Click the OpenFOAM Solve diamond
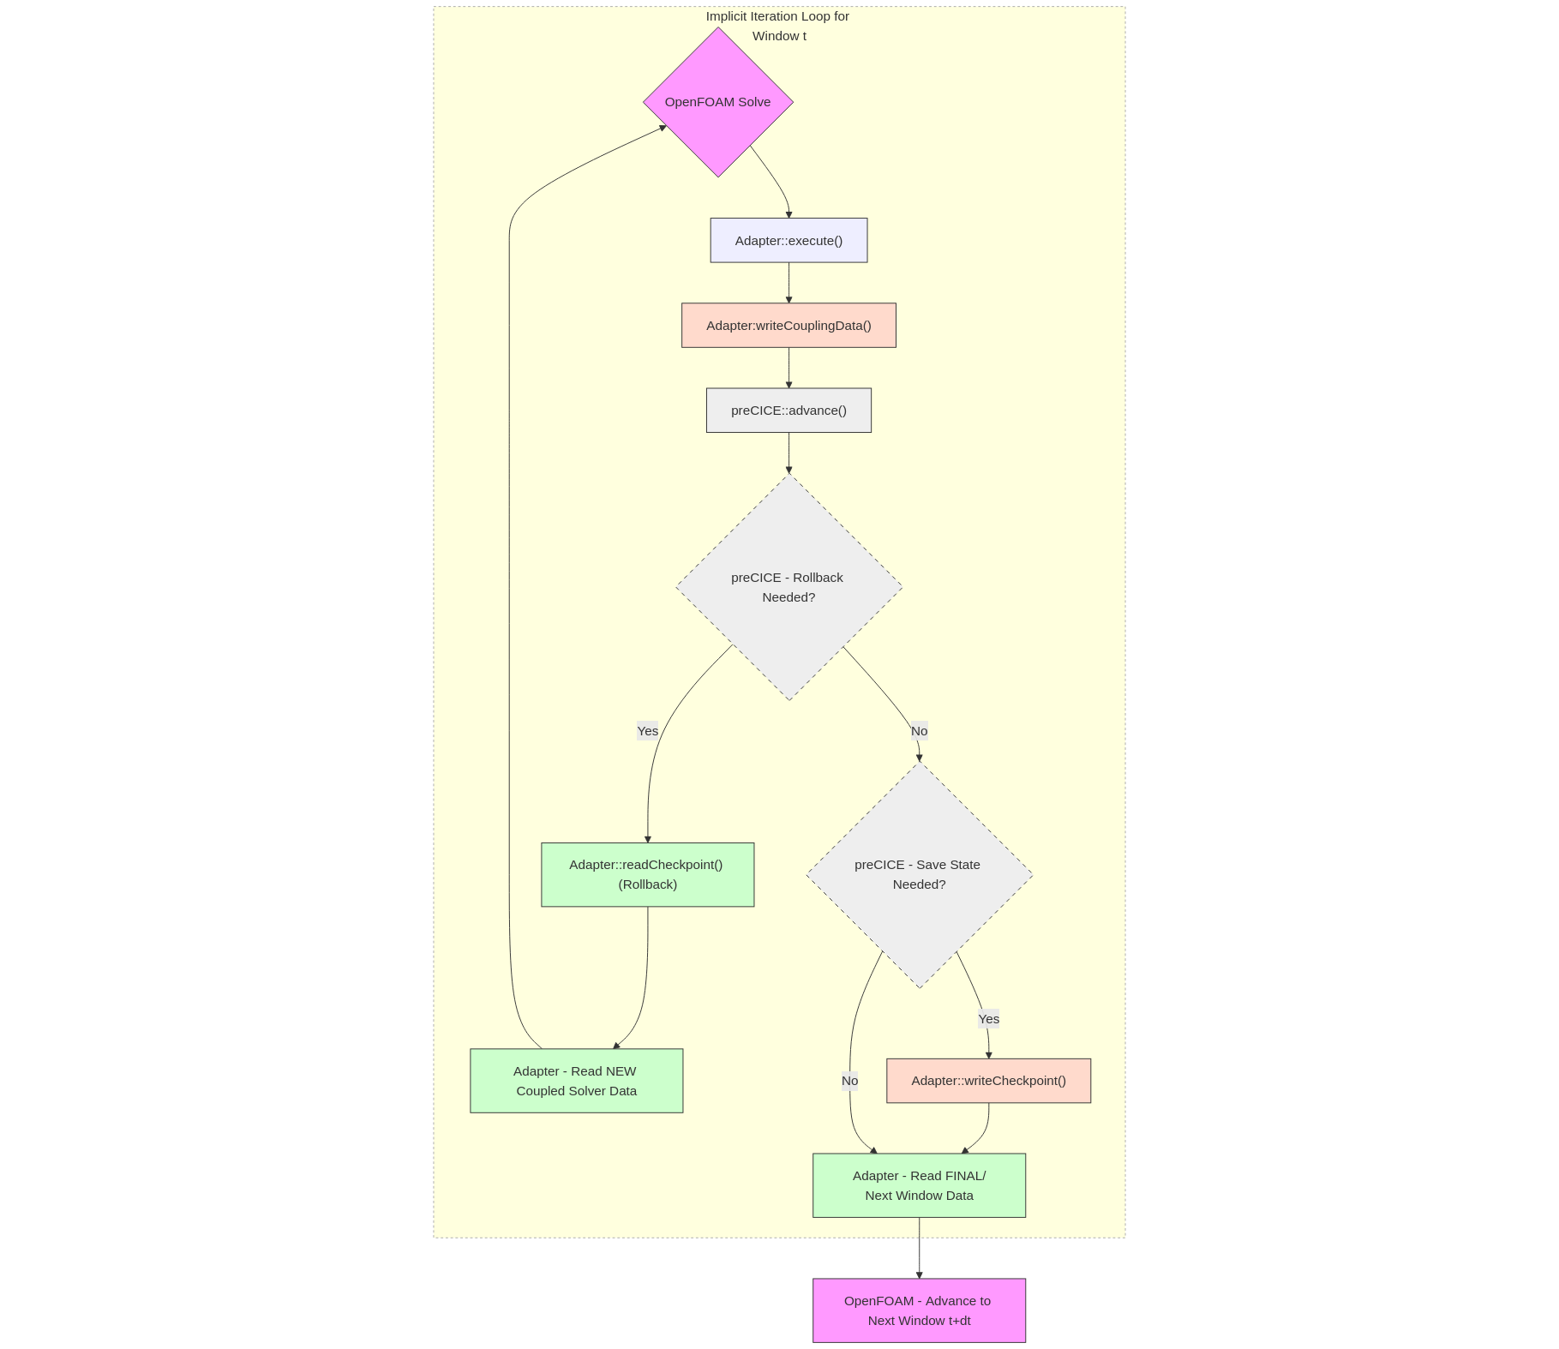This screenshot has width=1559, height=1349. [x=717, y=102]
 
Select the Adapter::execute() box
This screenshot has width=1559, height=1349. [x=788, y=240]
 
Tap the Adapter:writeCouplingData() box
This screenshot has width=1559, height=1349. [x=788, y=325]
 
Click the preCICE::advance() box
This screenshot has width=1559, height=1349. [x=788, y=410]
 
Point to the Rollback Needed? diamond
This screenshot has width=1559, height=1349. [x=788, y=587]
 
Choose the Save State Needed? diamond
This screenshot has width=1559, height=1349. [x=919, y=874]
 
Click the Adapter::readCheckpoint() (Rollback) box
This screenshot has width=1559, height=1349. [x=647, y=874]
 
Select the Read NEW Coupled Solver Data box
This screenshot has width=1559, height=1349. [x=576, y=1080]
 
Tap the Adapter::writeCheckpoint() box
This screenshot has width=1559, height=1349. [x=988, y=1080]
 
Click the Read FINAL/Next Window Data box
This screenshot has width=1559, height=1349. [x=919, y=1184]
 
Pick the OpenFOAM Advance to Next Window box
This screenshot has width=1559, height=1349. [x=919, y=1310]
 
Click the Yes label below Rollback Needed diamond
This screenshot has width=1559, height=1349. [x=647, y=731]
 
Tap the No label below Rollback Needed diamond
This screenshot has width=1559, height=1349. [x=919, y=731]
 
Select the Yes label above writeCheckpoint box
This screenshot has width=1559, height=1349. [x=988, y=1018]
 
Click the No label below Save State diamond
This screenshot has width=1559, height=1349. [x=849, y=1080]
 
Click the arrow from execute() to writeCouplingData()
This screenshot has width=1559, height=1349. [x=788, y=282]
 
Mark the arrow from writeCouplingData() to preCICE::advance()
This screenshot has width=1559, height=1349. [x=788, y=367]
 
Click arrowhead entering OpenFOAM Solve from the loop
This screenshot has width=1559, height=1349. [x=663, y=128]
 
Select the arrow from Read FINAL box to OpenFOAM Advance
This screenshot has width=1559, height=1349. [x=919, y=1247]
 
